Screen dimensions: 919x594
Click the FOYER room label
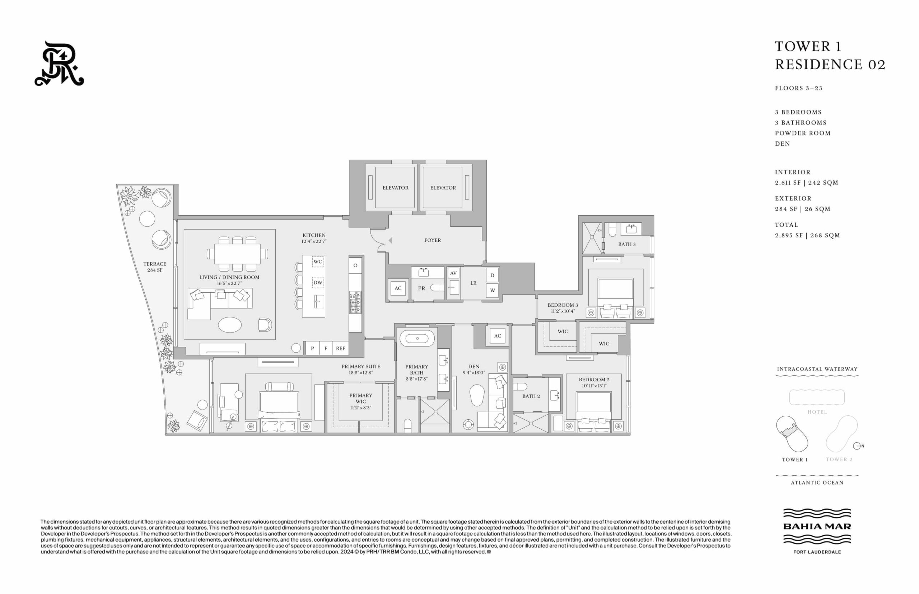tap(432, 240)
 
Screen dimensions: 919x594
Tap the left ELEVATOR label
tap(395, 188)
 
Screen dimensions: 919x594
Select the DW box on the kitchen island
tap(318, 282)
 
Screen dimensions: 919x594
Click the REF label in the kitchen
tap(340, 348)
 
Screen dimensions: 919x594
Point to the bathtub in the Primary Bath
tap(417, 338)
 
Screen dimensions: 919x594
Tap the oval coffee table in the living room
tap(230, 325)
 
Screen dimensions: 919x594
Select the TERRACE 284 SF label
tap(155, 267)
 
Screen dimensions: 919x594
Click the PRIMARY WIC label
tap(360, 399)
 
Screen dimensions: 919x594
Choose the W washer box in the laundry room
tap(492, 291)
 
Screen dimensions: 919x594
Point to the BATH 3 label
tap(626, 244)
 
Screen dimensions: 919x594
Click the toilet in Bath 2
tap(520, 386)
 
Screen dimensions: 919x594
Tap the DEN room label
tap(474, 367)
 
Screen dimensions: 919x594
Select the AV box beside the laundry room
tap(453, 273)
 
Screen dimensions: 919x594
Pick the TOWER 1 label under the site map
tap(795, 459)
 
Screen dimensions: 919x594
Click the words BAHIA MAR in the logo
tap(817, 527)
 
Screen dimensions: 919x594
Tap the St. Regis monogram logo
tap(59, 63)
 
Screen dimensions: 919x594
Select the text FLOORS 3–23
tap(799, 88)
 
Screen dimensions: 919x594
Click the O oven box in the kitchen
tap(355, 265)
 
